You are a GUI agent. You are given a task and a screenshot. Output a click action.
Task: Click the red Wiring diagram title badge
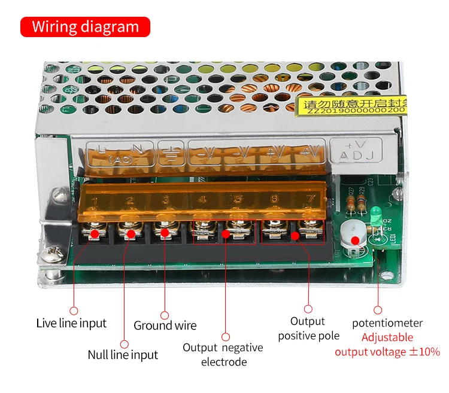(85, 27)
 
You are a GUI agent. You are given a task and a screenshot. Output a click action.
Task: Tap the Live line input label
(71, 324)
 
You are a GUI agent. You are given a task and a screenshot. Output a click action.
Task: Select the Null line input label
(123, 355)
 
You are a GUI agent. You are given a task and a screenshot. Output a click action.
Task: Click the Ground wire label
(165, 326)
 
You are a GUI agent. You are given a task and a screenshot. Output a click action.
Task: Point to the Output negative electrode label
(223, 355)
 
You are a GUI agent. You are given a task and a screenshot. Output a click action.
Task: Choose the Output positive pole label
(308, 329)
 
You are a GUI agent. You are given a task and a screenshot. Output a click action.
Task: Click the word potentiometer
(387, 324)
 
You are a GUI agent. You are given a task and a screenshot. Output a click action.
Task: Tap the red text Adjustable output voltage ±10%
(387, 345)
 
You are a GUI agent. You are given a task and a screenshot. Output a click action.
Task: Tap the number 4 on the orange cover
(202, 199)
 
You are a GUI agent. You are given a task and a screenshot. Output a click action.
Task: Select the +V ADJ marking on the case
(359, 152)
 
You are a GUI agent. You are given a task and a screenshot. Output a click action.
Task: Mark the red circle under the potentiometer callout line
(378, 310)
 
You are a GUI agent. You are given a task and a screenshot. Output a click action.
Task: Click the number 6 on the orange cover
(274, 199)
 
